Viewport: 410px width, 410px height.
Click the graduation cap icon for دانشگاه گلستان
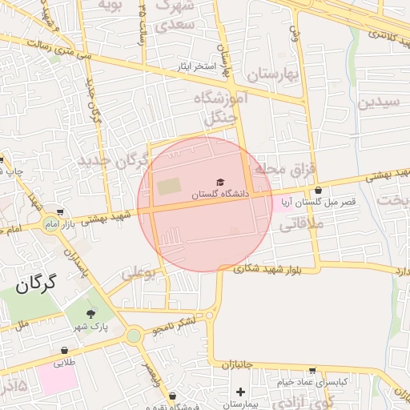[x=220, y=183]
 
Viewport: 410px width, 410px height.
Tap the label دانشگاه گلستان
[x=220, y=195]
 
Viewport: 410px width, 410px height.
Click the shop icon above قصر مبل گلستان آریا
[x=320, y=191]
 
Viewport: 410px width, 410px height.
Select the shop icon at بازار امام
[x=60, y=212]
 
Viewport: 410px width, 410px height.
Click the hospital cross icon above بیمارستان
[x=240, y=392]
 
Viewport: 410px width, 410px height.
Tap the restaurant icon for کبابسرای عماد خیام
[x=312, y=371]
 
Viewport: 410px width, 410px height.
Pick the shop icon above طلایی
[x=65, y=350]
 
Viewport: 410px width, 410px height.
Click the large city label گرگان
[x=38, y=282]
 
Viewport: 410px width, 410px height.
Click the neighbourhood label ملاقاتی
[x=299, y=227]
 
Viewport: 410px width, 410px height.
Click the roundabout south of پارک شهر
[x=134, y=336]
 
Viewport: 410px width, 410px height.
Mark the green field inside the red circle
[x=169, y=187]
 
